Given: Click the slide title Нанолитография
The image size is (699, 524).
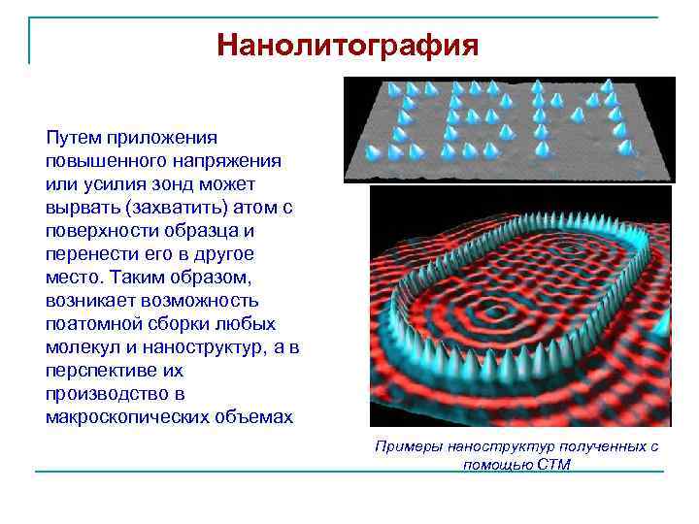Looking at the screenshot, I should (x=348, y=45).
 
